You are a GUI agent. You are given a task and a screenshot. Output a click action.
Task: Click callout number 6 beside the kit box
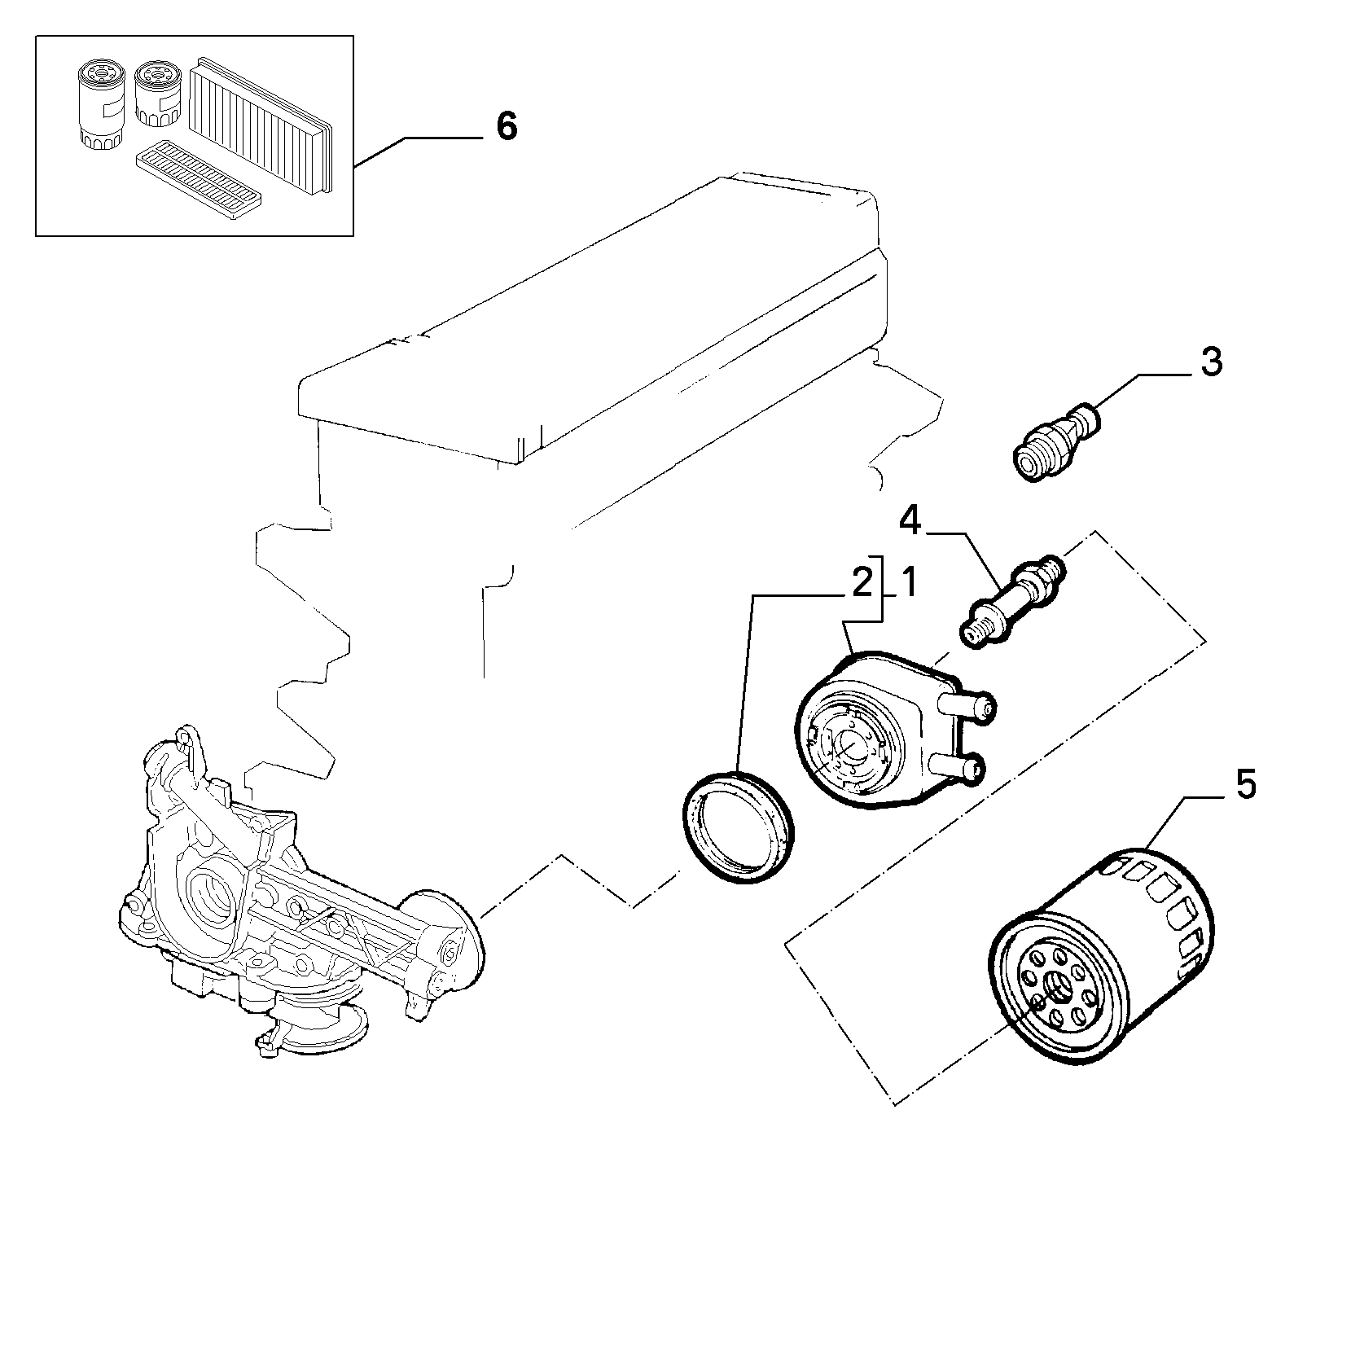507,126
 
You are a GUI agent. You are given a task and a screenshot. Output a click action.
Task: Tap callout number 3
1212,361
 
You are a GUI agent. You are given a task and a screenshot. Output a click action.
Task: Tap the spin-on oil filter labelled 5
1101,954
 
